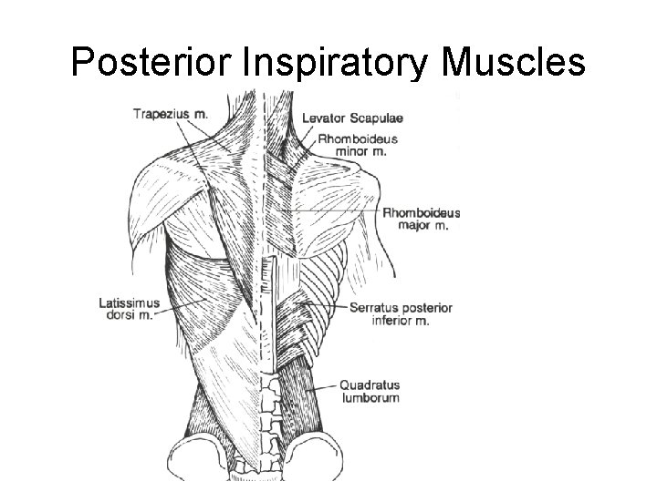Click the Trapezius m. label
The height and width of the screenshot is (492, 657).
pos(170,114)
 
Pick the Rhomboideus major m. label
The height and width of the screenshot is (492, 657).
pos(421,219)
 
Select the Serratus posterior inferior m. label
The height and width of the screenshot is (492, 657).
pos(401,314)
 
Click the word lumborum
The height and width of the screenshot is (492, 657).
pos(370,397)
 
